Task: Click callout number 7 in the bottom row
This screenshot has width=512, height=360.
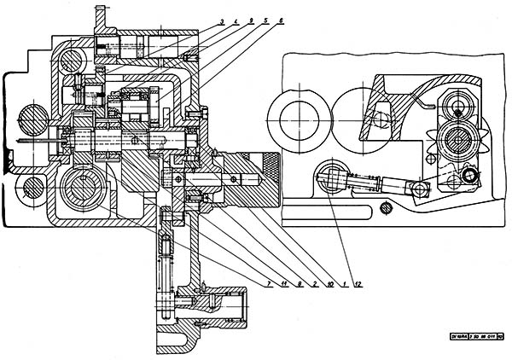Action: (x=268, y=282)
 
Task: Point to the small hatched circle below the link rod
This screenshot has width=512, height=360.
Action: (x=386, y=207)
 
